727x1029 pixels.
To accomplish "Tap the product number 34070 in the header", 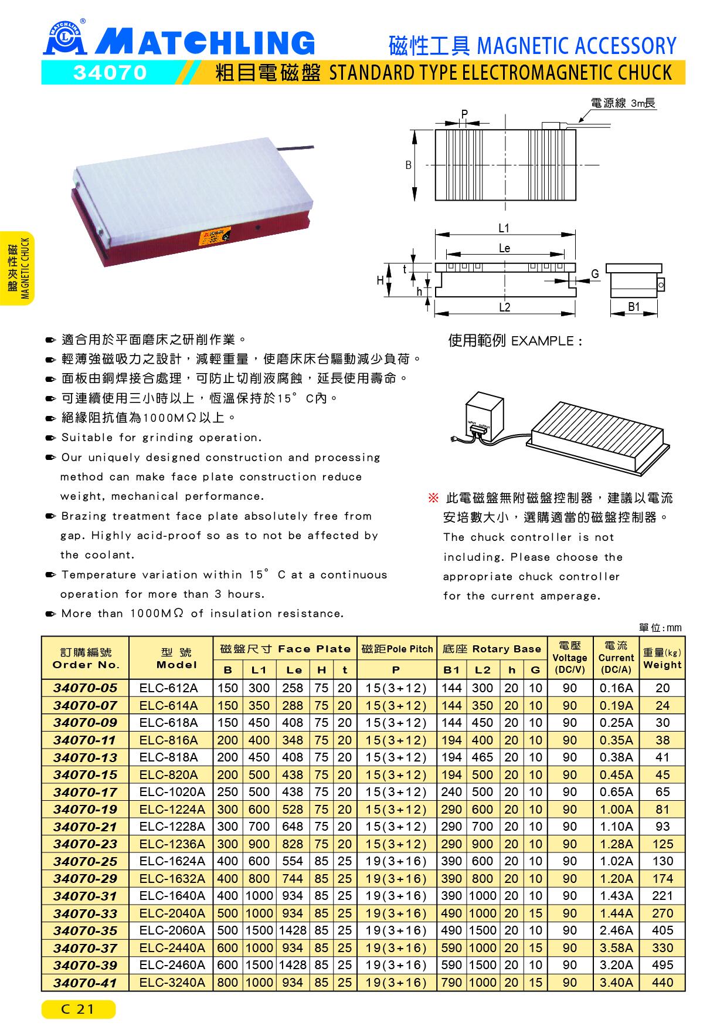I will point(110,73).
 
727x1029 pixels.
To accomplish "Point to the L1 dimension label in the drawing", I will point(504,228).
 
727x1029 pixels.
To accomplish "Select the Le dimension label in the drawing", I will point(504,248).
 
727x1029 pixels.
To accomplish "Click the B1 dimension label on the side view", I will point(634,306).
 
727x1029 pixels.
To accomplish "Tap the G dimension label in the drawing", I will point(594,274).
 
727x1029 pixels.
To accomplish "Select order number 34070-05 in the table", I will point(86,688).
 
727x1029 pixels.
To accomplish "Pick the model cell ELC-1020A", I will point(172,792).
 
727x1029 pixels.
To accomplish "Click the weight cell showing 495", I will point(663,965).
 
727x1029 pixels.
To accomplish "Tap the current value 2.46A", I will point(616,930).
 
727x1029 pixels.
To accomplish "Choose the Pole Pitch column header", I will point(397,649).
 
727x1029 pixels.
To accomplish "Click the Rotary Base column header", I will point(492,649).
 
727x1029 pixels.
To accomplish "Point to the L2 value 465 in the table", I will point(483,757).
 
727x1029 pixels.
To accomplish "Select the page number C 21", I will point(78,1009).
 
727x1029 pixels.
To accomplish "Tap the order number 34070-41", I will point(86,983).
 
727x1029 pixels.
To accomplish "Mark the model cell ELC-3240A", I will point(172,983).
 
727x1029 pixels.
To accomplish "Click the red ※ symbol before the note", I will point(433,499).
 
